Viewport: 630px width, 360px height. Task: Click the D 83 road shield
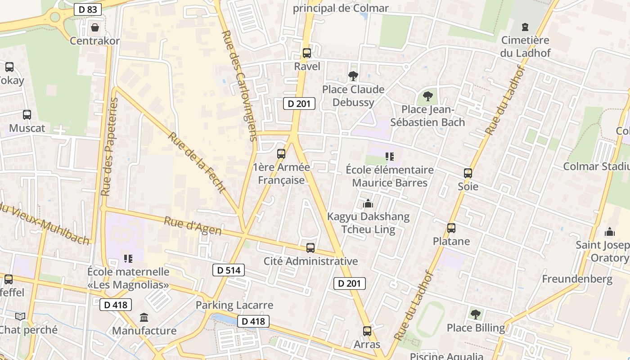pyautogui.click(x=88, y=9)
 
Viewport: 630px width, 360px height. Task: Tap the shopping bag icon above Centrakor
pyautogui.click(x=95, y=27)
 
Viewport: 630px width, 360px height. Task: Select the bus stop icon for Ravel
pyautogui.click(x=307, y=53)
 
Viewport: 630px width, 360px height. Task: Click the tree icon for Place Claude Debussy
pyautogui.click(x=353, y=76)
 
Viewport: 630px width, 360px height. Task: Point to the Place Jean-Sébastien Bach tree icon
pyautogui.click(x=427, y=96)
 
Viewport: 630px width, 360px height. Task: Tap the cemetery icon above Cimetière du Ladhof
pyautogui.click(x=525, y=27)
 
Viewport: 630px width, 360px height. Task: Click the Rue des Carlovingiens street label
pyautogui.click(x=240, y=85)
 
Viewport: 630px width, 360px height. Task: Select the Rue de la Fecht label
pyautogui.click(x=197, y=162)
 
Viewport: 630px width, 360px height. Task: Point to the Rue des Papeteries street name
pyautogui.click(x=109, y=147)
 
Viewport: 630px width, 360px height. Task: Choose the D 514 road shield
pyautogui.click(x=228, y=270)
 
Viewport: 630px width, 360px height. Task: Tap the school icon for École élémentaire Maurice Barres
pyautogui.click(x=390, y=157)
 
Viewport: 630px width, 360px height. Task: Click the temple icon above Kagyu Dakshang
pyautogui.click(x=368, y=204)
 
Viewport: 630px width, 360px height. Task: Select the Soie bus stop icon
pyautogui.click(x=468, y=173)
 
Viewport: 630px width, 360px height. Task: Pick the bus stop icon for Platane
pyautogui.click(x=451, y=228)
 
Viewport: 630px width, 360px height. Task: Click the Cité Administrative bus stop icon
pyautogui.click(x=310, y=248)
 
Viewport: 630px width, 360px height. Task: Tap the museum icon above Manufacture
pyautogui.click(x=144, y=318)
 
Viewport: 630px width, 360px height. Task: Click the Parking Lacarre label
pyautogui.click(x=234, y=305)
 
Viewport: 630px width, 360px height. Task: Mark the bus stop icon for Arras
pyautogui.click(x=367, y=331)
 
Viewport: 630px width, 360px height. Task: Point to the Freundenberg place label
pyautogui.click(x=577, y=279)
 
